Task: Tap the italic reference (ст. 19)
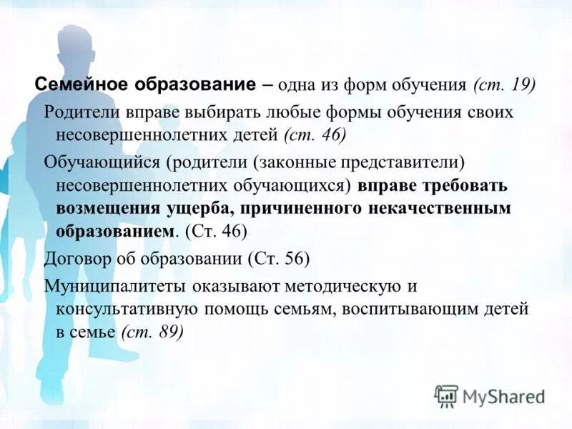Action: pos(504,84)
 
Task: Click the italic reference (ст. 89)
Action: pos(152,332)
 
